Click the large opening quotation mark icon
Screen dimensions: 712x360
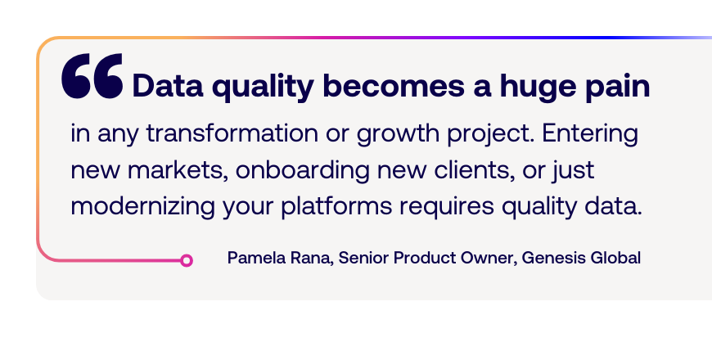pyautogui.click(x=92, y=76)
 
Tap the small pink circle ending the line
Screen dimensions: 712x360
pyautogui.click(x=186, y=260)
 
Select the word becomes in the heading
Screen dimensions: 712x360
pyautogui.click(x=393, y=85)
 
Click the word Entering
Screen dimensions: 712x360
pyautogui.click(x=590, y=134)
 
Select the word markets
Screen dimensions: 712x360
pyautogui.click(x=178, y=171)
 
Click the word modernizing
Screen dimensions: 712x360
pyautogui.click(x=142, y=207)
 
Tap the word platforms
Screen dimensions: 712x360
pyautogui.click(x=336, y=207)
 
